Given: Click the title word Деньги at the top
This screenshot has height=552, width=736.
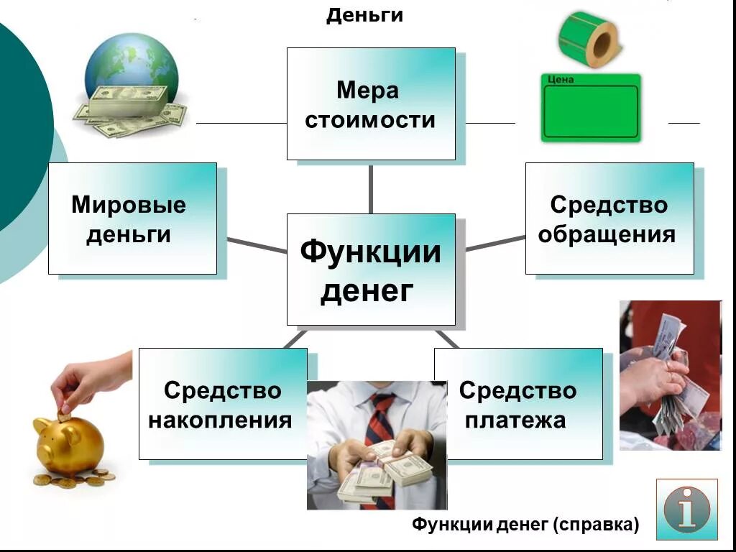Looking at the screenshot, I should [364, 15].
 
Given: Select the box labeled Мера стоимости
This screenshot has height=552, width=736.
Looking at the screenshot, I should [370, 104].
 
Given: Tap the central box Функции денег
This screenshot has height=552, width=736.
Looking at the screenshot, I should [370, 270].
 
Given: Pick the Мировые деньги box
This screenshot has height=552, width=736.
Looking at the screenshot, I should [132, 218].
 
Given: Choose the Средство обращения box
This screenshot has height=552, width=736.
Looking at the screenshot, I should [609, 218].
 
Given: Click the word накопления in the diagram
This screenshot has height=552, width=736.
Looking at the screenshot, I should [220, 420].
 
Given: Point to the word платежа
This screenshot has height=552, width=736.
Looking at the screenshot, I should [515, 420].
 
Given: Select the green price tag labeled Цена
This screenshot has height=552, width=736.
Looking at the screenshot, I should [589, 108].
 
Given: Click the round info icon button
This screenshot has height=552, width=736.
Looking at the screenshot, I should [686, 509].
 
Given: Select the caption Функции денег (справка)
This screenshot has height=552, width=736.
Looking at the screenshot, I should [525, 525].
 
